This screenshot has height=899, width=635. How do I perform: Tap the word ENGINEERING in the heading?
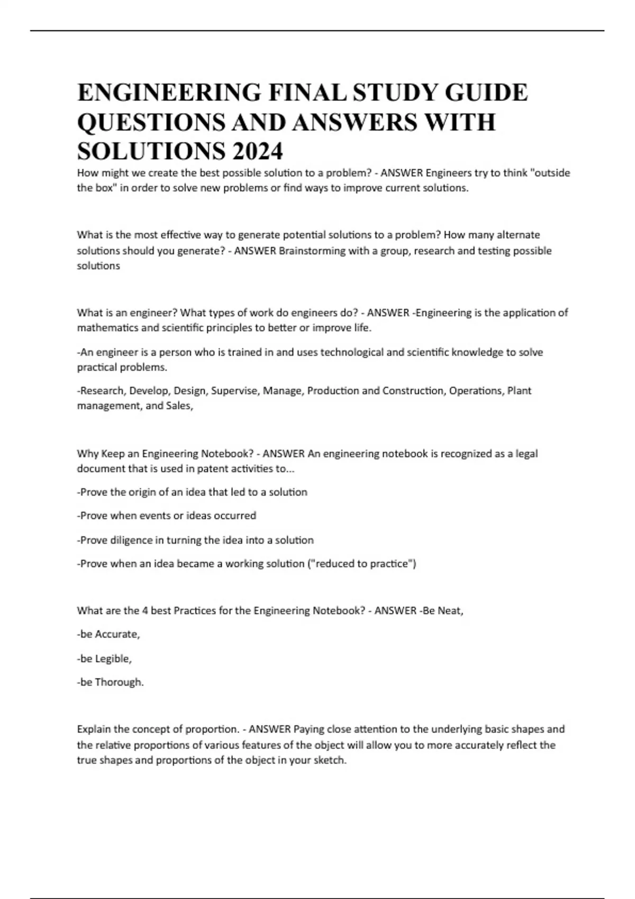[x=169, y=93]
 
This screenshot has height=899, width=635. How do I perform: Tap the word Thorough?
[x=119, y=682]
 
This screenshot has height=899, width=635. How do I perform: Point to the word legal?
[x=526, y=454]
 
